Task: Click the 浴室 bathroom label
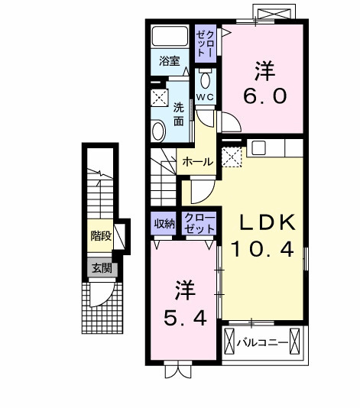pos(169,60)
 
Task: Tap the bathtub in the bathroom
pos(170,37)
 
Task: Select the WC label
pos(204,97)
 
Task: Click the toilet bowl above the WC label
pos(204,79)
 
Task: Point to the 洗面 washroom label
pos(179,114)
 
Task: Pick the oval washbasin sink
pos(157,131)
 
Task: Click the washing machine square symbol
pos(161,97)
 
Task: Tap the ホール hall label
pos(198,162)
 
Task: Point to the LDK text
pos(268,222)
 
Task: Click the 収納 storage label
pos(164,223)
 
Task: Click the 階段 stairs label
pos(101,236)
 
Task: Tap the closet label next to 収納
pos(199,223)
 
